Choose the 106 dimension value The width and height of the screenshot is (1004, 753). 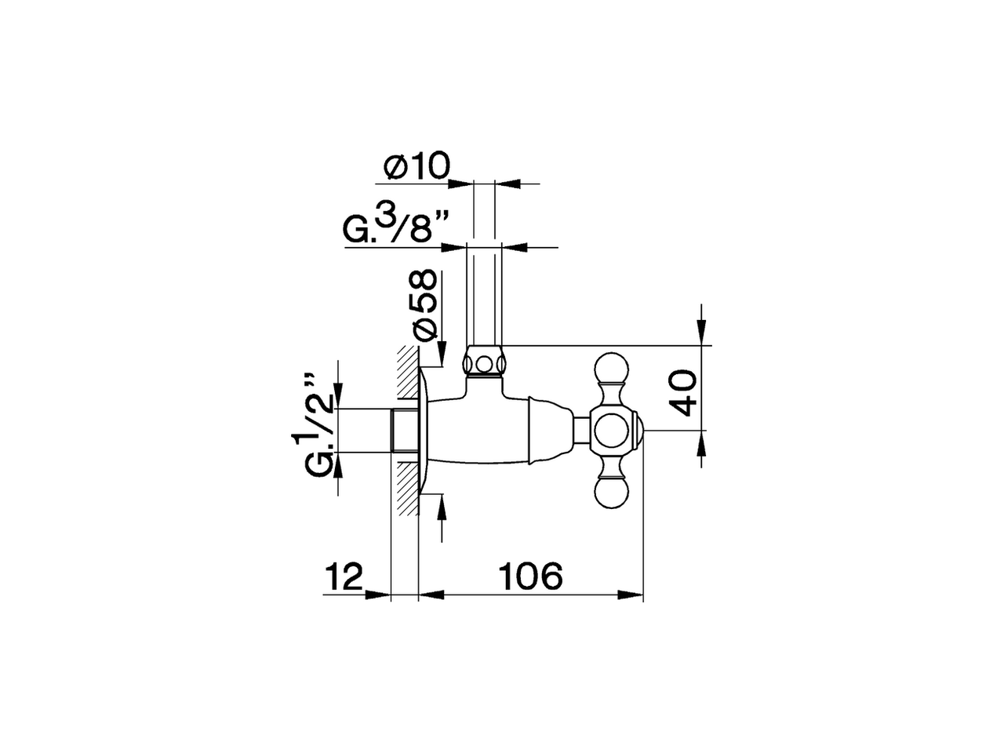pos(531,577)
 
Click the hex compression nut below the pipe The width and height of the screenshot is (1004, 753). pos(485,363)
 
